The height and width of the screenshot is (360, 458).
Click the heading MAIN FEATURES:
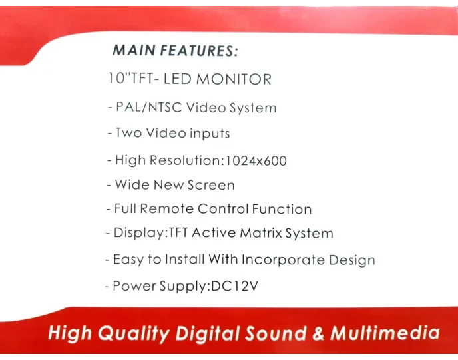(x=175, y=50)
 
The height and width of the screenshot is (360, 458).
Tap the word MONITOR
(x=232, y=79)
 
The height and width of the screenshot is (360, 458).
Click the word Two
(x=128, y=132)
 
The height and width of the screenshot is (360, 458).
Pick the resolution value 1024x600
(x=256, y=160)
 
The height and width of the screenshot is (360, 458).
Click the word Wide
(x=132, y=184)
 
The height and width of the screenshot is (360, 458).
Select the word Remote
(x=166, y=209)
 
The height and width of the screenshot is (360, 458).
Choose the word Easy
(x=128, y=259)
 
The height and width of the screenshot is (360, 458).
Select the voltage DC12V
(x=235, y=286)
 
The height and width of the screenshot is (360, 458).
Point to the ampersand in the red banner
(x=318, y=333)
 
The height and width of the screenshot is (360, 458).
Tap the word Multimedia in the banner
(x=385, y=333)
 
